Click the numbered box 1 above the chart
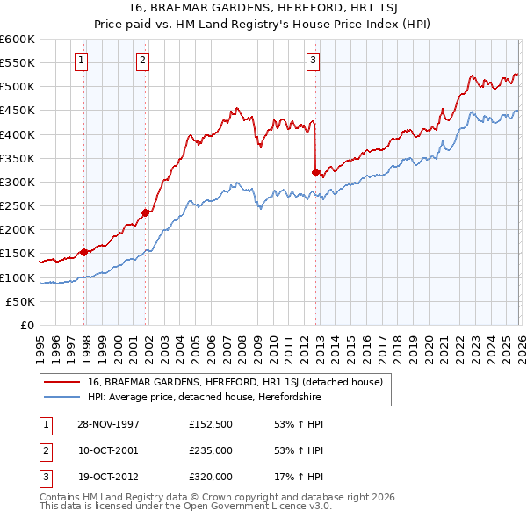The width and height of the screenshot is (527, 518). (x=81, y=61)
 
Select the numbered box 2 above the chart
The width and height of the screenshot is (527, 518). (x=142, y=61)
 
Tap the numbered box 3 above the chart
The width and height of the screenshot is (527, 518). (x=314, y=61)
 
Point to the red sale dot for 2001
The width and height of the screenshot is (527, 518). (x=145, y=212)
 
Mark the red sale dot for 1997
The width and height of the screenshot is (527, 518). (x=84, y=252)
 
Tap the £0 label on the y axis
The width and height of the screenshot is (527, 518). (x=26, y=325)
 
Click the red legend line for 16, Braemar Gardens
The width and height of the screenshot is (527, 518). (x=61, y=382)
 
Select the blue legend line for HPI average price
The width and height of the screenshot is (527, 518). (x=61, y=397)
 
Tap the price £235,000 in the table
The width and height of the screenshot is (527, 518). (x=211, y=450)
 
